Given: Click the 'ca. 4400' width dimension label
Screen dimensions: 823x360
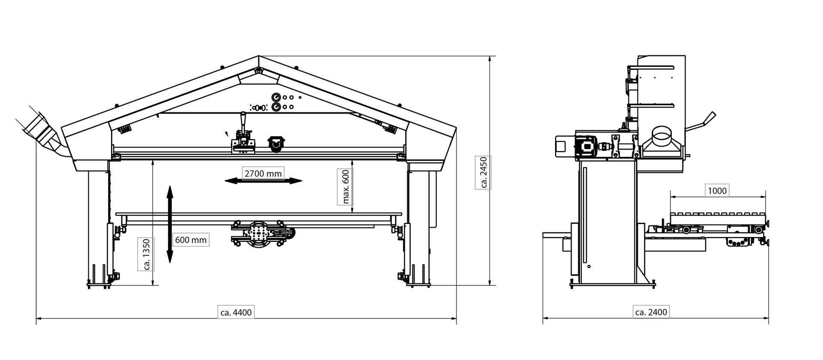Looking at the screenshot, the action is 236,312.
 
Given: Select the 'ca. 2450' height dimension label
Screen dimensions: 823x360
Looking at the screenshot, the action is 484,173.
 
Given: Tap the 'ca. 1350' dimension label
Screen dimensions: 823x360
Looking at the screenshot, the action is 147,254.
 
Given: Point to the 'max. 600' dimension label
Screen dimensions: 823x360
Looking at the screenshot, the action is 345,186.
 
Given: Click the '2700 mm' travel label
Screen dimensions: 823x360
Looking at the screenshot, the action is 263,173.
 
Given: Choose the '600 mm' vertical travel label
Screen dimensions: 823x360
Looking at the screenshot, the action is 191,240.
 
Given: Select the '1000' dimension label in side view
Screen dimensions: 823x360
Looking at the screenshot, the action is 717,191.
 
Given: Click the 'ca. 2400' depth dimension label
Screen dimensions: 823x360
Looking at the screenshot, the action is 651,312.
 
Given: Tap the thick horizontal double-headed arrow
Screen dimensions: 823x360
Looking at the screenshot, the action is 263,181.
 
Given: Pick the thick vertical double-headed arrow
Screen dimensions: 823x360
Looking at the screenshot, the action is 170,224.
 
